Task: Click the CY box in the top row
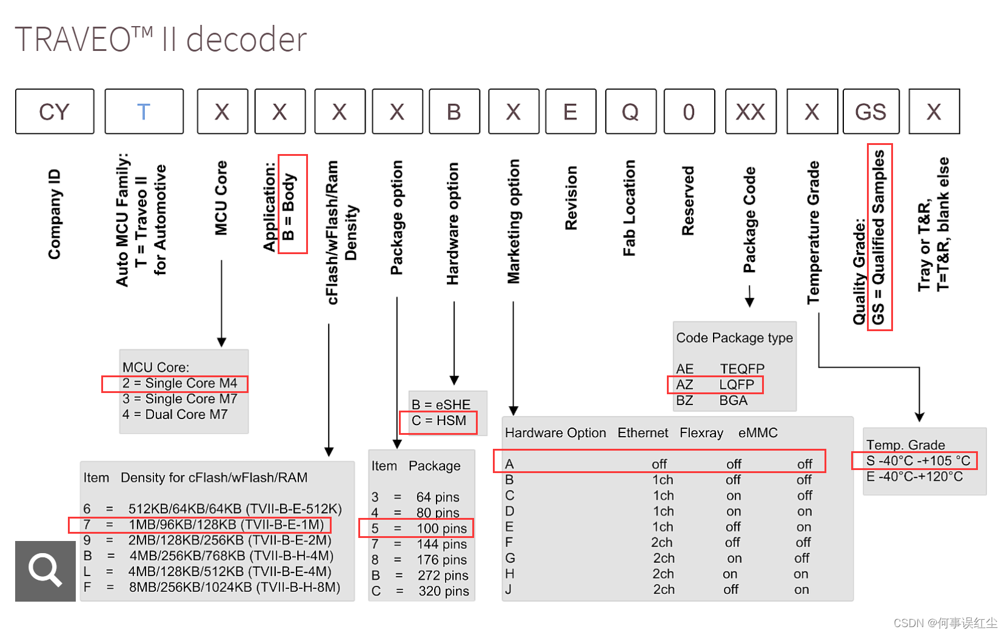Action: [55, 112]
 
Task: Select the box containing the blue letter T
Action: [144, 112]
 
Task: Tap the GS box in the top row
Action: [871, 112]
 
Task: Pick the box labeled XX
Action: [751, 112]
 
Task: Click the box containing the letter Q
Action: [631, 112]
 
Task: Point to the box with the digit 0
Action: [689, 112]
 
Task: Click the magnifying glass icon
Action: [45, 571]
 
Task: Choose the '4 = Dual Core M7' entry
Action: [175, 415]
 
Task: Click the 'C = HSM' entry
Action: [439, 421]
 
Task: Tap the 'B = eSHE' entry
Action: [441, 405]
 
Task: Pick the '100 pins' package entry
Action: [441, 529]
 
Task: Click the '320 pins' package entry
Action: [443, 591]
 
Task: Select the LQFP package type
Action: [737, 385]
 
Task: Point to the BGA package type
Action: [733, 400]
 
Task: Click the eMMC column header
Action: [758, 433]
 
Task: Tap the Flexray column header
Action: [701, 433]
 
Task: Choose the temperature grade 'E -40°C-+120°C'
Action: [914, 477]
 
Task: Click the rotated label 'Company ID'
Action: [55, 214]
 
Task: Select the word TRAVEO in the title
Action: [73, 40]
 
